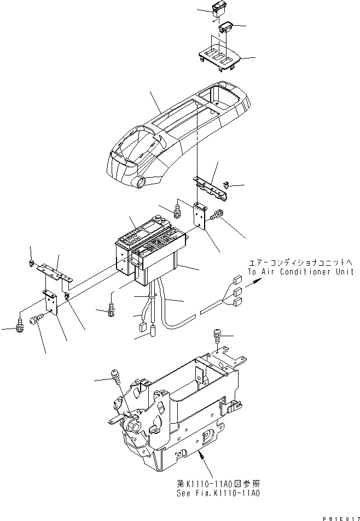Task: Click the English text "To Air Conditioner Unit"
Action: (x=300, y=272)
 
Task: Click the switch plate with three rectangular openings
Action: (x=219, y=58)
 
